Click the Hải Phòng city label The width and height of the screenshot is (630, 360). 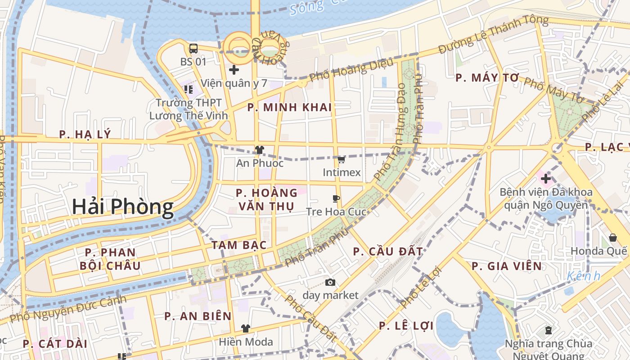(122, 207)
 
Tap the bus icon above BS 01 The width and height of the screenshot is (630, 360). (193, 49)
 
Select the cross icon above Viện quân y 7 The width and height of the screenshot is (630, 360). (234, 70)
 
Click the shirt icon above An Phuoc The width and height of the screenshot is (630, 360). (260, 150)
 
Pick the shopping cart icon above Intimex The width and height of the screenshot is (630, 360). (341, 160)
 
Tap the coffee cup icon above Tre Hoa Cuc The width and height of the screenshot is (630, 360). (336, 198)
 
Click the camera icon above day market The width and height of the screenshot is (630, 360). (330, 283)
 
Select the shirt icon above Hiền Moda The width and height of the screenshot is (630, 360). (245, 328)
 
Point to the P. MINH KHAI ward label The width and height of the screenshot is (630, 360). (289, 108)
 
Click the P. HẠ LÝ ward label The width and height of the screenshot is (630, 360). (85, 135)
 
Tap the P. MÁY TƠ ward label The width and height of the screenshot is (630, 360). (487, 78)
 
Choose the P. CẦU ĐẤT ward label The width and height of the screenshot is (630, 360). (388, 252)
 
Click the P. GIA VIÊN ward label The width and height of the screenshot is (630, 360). (507, 266)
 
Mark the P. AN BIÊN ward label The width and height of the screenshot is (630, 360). (198, 316)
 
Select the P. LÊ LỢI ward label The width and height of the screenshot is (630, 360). (406, 326)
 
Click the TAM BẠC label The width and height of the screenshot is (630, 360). (239, 245)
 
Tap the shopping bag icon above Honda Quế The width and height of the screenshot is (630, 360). (612, 238)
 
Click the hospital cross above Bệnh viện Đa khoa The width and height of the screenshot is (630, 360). (546, 179)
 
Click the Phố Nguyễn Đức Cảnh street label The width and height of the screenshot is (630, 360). (67, 309)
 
